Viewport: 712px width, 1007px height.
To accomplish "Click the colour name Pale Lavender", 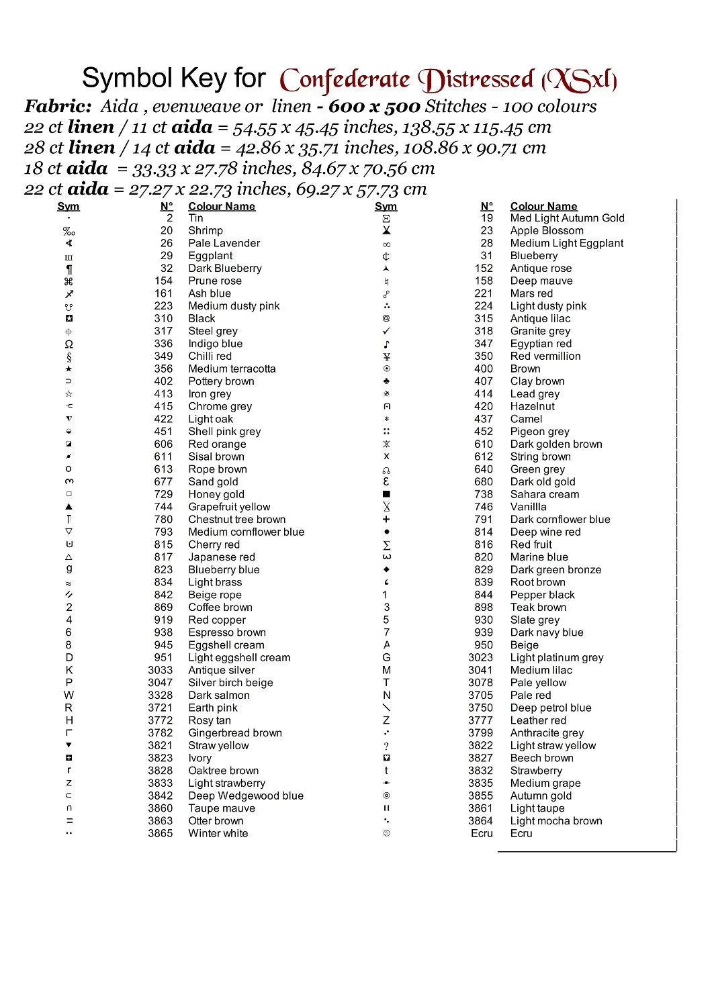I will (224, 243).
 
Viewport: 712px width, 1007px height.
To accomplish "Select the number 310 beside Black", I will (163, 318).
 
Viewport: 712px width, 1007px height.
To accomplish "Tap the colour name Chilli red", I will (210, 356).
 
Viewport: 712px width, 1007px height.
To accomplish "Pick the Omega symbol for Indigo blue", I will (69, 344).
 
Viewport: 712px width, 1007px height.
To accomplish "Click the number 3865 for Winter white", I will (160, 833).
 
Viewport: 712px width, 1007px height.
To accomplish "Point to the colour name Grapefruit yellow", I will (229, 507).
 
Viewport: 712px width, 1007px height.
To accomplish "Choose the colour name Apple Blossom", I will (547, 230).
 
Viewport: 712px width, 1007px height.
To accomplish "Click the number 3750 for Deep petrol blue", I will (480, 708).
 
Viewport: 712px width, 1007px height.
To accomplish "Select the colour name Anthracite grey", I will (547, 733).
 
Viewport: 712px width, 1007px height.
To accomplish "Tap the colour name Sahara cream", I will (544, 494).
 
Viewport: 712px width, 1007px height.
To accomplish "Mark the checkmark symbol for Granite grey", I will (386, 331).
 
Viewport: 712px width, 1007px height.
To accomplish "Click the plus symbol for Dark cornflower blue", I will (386, 520).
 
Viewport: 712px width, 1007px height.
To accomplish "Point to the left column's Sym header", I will (69, 206).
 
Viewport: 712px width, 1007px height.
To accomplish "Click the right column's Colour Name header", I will (543, 206).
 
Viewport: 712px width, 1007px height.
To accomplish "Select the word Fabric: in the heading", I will (58, 106).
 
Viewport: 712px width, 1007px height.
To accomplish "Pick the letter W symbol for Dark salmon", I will (69, 695).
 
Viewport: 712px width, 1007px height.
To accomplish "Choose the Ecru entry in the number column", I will (482, 833).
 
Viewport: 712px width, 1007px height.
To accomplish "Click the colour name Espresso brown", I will (227, 632).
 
